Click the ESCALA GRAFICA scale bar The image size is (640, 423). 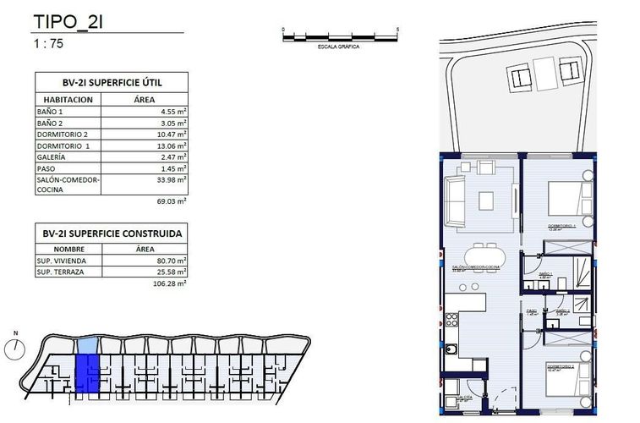(x=340, y=36)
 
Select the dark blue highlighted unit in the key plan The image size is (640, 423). (x=87, y=373)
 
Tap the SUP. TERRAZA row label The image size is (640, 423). (x=61, y=272)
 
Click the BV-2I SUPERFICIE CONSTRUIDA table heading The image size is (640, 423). (x=111, y=233)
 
